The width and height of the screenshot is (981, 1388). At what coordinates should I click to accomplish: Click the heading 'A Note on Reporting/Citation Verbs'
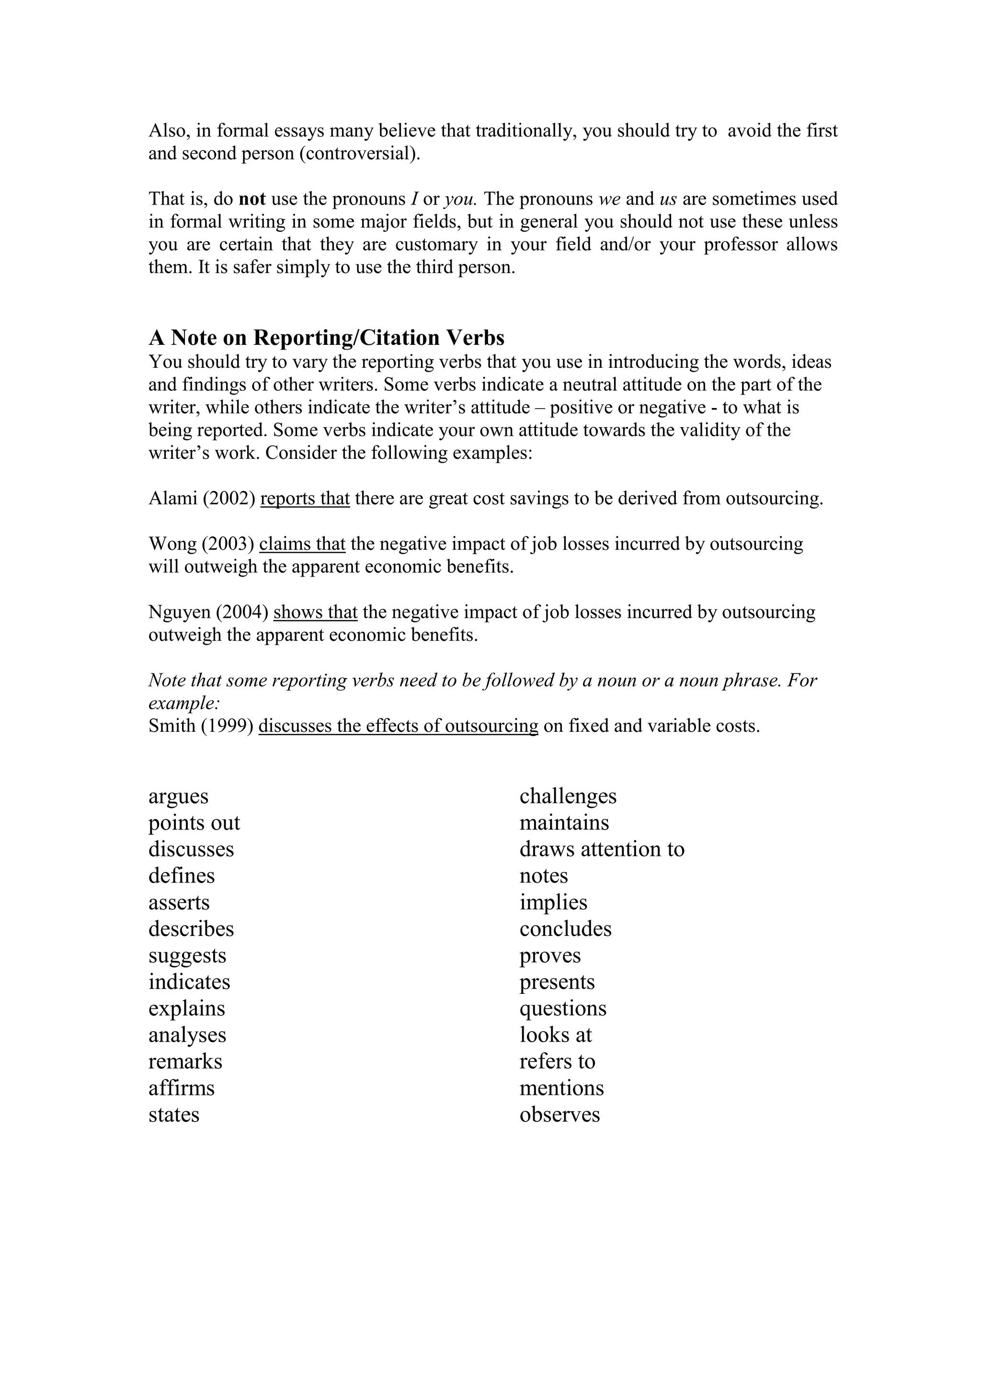click(x=326, y=337)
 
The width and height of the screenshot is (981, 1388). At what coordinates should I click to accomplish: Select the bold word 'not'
click(x=252, y=199)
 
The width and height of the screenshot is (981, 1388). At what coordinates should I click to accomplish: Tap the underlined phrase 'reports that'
click(x=305, y=499)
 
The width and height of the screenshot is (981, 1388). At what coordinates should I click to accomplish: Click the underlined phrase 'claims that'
click(x=302, y=544)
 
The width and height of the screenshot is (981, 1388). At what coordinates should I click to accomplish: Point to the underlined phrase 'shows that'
click(x=316, y=613)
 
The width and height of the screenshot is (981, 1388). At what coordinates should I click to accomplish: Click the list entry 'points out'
click(x=194, y=823)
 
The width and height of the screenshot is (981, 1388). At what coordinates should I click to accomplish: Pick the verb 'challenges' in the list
click(x=568, y=796)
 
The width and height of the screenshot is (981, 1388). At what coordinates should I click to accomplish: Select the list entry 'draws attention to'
click(x=602, y=849)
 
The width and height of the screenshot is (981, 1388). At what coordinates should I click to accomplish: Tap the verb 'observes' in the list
click(x=559, y=1115)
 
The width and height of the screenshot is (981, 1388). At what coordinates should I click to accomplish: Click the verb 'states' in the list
click(x=174, y=1115)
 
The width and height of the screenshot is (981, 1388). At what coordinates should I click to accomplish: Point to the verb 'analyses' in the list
click(x=187, y=1035)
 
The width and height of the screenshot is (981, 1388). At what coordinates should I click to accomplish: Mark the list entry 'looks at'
click(x=556, y=1035)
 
